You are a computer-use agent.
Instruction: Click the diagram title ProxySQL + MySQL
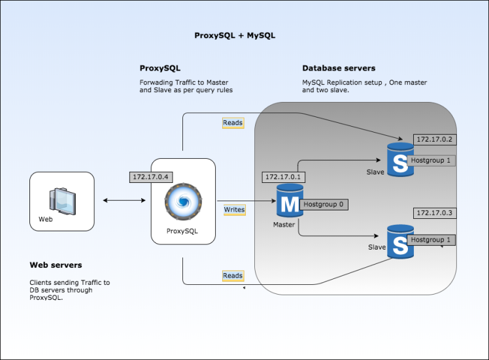coord(235,35)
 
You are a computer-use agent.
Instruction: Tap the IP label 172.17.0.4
coord(150,176)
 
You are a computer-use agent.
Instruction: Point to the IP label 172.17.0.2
coord(433,139)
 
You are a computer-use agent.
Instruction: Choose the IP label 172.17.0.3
coord(433,213)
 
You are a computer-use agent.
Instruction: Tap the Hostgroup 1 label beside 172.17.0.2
coord(430,159)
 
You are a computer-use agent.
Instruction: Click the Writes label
coord(234,210)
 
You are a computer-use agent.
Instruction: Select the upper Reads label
coord(233,123)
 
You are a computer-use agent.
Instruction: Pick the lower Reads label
coord(233,276)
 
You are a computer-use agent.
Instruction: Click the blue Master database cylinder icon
coord(288,202)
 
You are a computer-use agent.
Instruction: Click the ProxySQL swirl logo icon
coord(182,202)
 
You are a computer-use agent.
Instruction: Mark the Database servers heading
coord(339,69)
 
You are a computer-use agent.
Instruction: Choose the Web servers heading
coord(56,265)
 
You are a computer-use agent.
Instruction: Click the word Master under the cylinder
coord(284,225)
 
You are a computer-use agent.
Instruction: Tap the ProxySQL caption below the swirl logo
coord(182,231)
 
